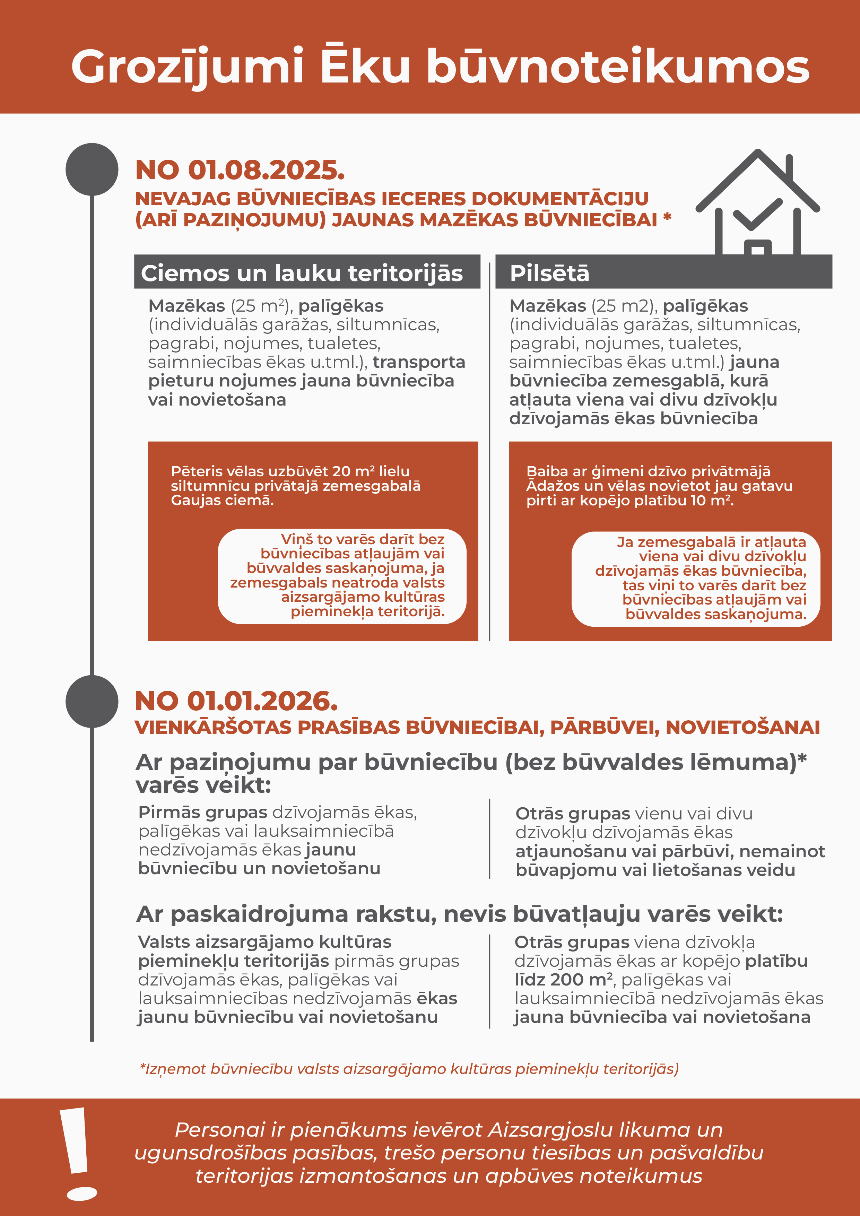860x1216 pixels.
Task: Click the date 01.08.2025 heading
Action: tap(240, 171)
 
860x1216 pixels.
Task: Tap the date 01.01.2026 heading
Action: tap(236, 701)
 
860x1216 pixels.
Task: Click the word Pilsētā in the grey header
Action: tap(549, 273)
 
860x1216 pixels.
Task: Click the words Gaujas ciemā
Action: tap(222, 501)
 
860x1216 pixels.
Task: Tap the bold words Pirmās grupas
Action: tap(202, 813)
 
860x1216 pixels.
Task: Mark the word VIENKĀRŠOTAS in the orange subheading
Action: tap(213, 728)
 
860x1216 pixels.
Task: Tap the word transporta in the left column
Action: tap(418, 362)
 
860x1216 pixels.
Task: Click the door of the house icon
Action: tap(757, 249)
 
